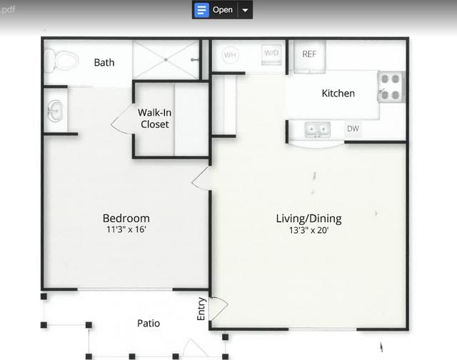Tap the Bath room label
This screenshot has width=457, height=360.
click(104, 62)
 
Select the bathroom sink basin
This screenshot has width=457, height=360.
click(55, 111)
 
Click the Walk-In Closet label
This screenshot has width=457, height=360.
click(154, 119)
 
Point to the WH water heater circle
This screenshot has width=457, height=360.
click(230, 55)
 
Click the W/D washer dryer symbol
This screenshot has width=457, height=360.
click(271, 54)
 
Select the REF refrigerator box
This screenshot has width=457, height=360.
click(309, 56)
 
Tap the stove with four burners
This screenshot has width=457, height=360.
click(391, 87)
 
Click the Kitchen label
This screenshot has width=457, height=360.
click(338, 94)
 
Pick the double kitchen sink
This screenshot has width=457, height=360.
click(317, 129)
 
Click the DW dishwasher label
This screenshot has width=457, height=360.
click(353, 129)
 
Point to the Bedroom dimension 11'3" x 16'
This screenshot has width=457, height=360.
click(126, 229)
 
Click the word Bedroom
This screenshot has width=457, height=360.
click(126, 218)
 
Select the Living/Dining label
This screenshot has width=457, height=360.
click(309, 219)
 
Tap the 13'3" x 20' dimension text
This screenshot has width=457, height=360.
click(309, 230)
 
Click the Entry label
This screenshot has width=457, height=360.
click(201, 309)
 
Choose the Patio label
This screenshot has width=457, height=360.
click(149, 323)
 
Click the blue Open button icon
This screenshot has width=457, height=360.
click(201, 10)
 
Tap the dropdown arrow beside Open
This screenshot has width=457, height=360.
click(245, 10)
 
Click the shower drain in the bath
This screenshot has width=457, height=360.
click(166, 60)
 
